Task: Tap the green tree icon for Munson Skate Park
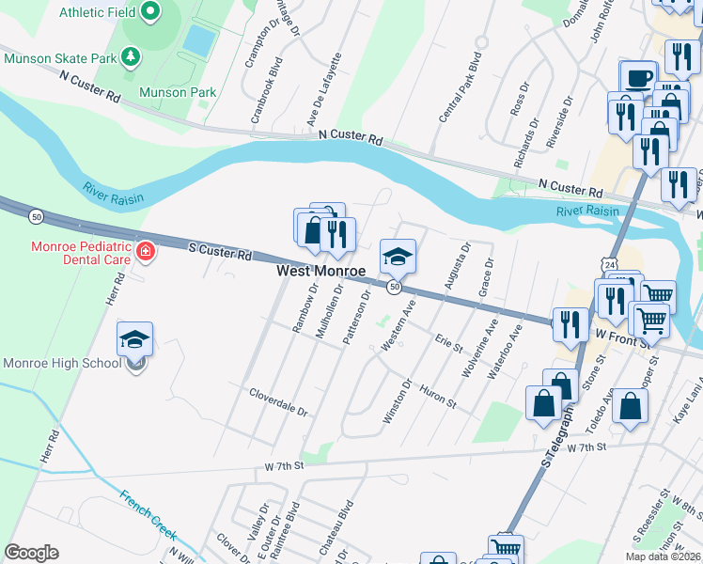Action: coord(131,57)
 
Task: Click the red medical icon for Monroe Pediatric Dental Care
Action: coord(145,251)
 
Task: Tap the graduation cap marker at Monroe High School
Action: coord(135,340)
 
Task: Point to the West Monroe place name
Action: coord(320,271)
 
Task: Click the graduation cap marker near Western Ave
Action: coord(398,258)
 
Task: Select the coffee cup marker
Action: coord(638,78)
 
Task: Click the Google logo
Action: coord(31,553)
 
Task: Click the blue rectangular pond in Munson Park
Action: coord(198,39)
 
